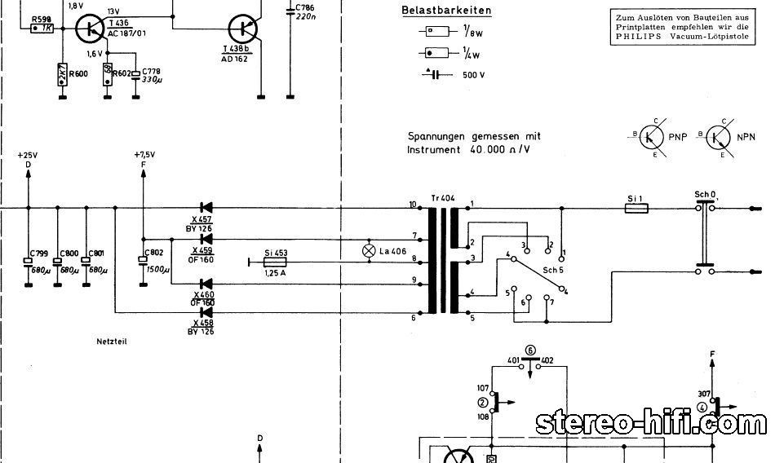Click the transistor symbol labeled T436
87,29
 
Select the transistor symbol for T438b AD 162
244,29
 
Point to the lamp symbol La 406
370,251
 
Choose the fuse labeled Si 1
635,209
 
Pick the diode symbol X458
206,312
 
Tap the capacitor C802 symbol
143,262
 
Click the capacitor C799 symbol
28,262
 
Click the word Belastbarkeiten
435,11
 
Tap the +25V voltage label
28,154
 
